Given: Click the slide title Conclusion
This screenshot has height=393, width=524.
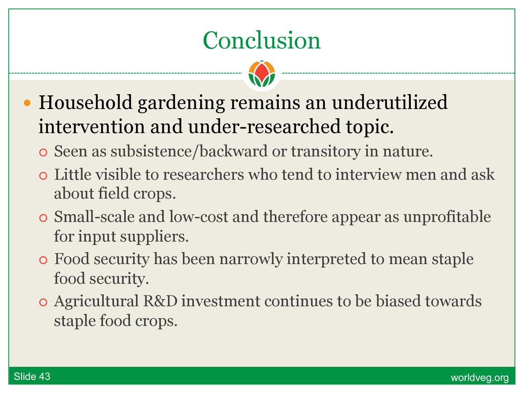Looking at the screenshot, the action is point(261,40).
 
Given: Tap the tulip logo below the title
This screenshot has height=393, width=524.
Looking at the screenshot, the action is point(261,74).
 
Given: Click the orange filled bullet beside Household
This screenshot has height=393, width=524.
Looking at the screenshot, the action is point(27,102).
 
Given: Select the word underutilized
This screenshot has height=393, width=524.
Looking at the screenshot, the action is point(389,102).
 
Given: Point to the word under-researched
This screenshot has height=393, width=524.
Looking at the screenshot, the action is point(264,127).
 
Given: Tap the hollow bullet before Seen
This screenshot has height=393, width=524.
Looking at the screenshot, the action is point(43,152).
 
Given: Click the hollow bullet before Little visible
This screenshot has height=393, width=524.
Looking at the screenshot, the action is point(43,176).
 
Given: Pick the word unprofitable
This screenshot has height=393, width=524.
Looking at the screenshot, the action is point(447,217).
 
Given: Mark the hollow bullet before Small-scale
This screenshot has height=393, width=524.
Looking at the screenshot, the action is point(43,218).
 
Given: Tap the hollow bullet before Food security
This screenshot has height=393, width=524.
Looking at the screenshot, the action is point(43,260).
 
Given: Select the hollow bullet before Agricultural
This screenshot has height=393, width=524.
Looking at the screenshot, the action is point(43,302).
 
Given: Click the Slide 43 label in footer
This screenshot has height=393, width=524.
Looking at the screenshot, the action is point(32,377).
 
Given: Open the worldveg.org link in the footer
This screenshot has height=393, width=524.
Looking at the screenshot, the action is point(479,378).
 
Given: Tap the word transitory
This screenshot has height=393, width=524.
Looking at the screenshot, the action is point(325,151).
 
